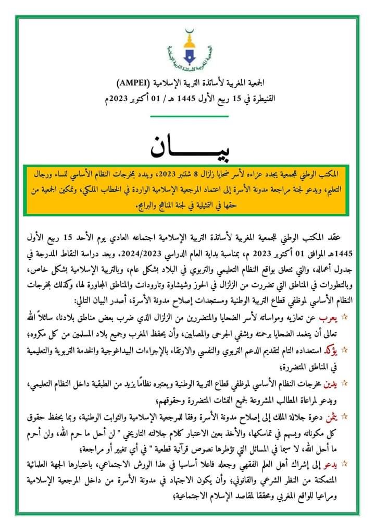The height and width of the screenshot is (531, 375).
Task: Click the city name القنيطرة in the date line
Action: (259, 97)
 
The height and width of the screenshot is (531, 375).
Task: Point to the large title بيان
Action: (186, 147)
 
